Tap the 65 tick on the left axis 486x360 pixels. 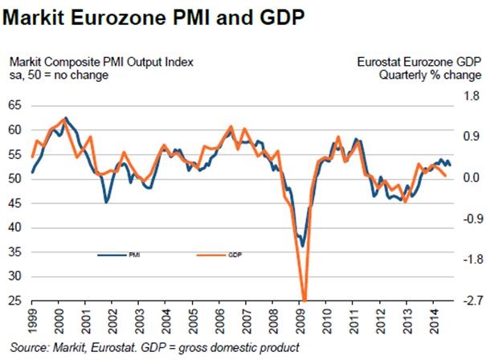tap(14, 104)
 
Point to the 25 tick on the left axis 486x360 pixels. tap(14, 301)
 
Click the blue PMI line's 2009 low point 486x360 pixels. tap(303, 247)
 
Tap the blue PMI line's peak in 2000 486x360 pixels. tap(65, 117)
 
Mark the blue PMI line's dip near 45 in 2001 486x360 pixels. tap(106, 202)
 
